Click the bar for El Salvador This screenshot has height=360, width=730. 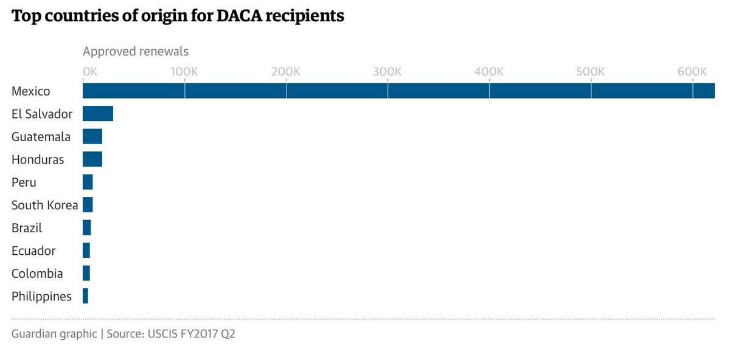tap(98, 114)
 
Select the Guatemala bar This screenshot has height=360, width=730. tap(92, 136)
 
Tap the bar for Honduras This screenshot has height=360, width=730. tap(92, 159)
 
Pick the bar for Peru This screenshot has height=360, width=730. tap(88, 182)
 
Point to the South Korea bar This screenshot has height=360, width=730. tap(88, 205)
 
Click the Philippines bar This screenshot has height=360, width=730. tap(85, 296)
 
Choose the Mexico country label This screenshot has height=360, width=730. tap(30, 91)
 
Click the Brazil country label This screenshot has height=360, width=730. tap(27, 228)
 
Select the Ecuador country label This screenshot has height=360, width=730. tap(33, 251)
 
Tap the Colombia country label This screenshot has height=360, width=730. tap(37, 274)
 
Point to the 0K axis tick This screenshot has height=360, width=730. tap(89, 71)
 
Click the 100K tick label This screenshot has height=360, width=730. tap(184, 71)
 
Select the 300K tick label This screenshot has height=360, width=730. tap(388, 71)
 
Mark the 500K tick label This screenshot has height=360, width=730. tap(591, 71)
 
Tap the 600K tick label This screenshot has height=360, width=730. tap(692, 71)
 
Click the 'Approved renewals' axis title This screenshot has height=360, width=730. tap(136, 51)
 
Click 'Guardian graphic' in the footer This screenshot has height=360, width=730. tap(54, 334)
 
